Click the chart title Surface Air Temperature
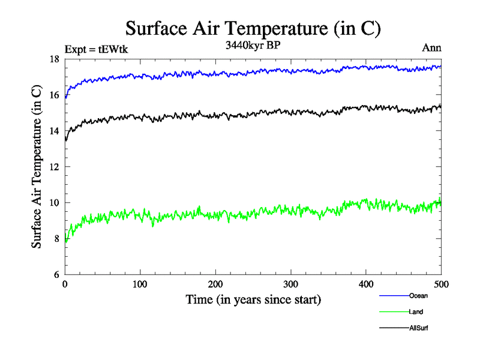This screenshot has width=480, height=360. [253, 28]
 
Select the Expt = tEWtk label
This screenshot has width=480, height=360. [96, 49]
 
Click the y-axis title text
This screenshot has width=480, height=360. [37, 167]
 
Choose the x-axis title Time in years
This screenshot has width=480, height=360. [253, 299]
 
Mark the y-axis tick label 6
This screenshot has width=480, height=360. [56, 275]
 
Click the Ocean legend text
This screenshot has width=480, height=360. [418, 296]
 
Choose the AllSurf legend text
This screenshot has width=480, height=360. [419, 328]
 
